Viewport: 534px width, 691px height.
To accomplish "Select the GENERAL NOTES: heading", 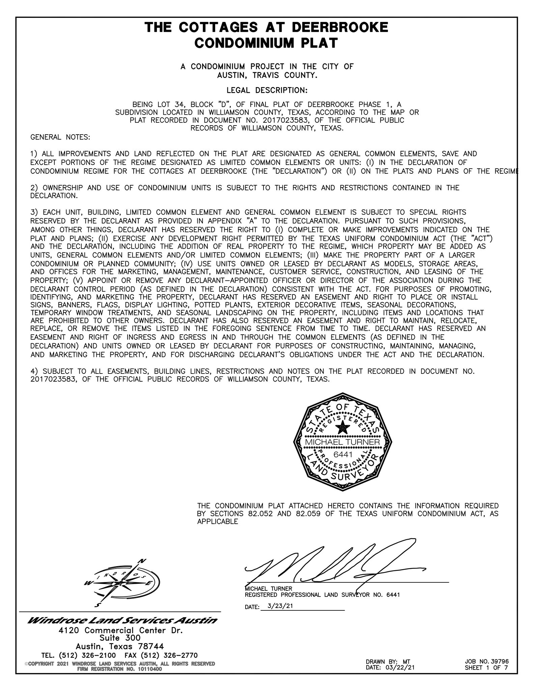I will tap(60, 137).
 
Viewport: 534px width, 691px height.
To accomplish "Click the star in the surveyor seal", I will tap(342, 428).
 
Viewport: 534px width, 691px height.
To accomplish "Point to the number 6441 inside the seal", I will tap(343, 454).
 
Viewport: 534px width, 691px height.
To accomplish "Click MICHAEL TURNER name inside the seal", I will tap(342, 442).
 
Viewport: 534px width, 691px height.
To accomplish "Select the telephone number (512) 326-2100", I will tap(87, 655).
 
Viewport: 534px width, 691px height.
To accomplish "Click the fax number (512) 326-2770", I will tap(169, 655).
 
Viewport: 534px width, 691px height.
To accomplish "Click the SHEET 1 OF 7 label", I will tap(486, 667).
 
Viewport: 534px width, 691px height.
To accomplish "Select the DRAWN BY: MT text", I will tap(388, 662).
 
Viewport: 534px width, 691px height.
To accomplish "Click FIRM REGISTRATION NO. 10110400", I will tap(119, 669).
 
